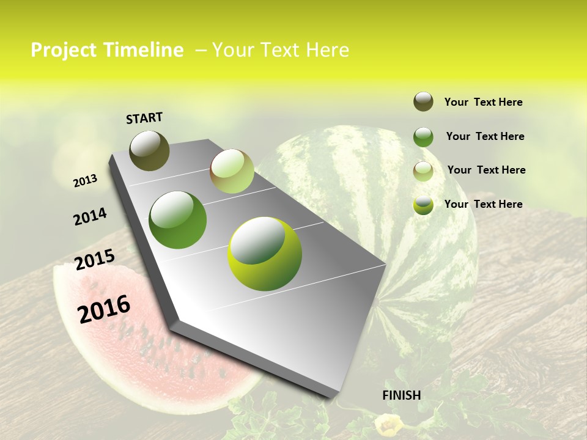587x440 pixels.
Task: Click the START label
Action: (x=144, y=118)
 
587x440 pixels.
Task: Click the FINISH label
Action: (x=401, y=395)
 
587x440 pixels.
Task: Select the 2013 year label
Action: (x=85, y=180)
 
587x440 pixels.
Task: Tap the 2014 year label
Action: (x=90, y=216)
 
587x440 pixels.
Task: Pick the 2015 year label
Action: (x=94, y=260)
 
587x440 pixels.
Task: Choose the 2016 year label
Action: (x=104, y=309)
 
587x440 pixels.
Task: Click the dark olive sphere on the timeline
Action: (x=149, y=150)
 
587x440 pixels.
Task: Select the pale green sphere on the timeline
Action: (x=232, y=171)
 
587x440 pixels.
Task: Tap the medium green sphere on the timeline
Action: (x=178, y=219)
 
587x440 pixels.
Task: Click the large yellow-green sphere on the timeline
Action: (x=264, y=254)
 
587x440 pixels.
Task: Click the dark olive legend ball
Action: (x=423, y=101)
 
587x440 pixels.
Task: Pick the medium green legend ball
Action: (x=423, y=137)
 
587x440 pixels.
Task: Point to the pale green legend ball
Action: (x=423, y=171)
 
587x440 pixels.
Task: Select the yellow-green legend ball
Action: (x=423, y=205)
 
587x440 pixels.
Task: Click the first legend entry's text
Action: (x=483, y=102)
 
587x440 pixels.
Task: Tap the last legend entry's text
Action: (x=483, y=204)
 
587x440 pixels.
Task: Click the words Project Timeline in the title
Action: (x=107, y=50)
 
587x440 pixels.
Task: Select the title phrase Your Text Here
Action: (x=281, y=50)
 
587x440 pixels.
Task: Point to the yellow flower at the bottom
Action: (x=389, y=425)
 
